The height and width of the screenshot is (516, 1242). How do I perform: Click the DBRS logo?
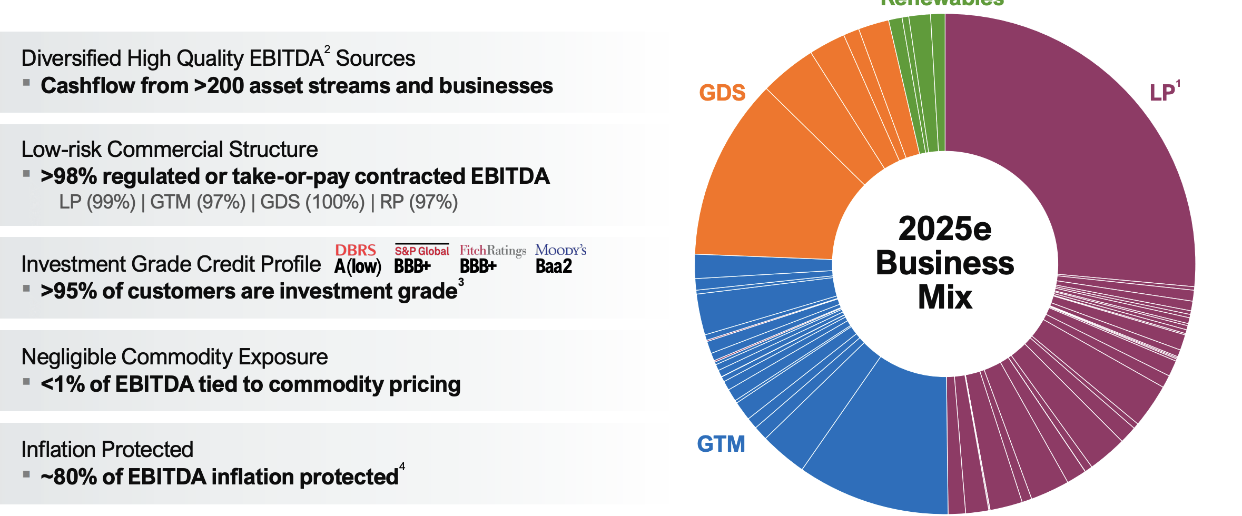pos(356,250)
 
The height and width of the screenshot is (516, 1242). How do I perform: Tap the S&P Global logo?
pos(422,251)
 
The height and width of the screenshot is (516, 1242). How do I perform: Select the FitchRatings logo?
pos(492,251)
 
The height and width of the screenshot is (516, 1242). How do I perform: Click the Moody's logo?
pos(560,250)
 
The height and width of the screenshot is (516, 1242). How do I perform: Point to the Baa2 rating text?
pos(554,266)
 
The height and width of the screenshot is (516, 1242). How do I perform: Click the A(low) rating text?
pos(358,267)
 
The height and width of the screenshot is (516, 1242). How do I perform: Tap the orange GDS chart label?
pos(722,93)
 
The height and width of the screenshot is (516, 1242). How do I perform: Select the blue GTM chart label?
pos(721,444)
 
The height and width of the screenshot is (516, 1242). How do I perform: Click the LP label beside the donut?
pos(1163,93)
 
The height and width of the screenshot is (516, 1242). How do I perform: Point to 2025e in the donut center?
pos(944,229)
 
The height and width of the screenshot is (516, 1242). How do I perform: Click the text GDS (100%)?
pos(312,202)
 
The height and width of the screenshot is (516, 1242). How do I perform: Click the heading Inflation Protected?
pos(107,450)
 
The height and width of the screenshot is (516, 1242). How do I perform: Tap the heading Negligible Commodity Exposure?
pos(174,357)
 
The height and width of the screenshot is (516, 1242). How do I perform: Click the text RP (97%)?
pos(419,202)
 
